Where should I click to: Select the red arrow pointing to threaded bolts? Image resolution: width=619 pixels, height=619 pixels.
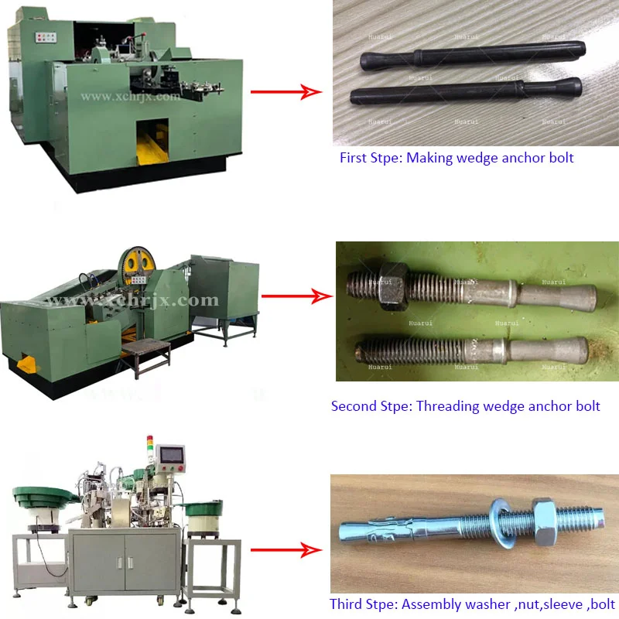290,296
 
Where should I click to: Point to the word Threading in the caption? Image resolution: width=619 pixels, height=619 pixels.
448,405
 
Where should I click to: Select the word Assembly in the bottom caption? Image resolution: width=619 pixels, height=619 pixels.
431,604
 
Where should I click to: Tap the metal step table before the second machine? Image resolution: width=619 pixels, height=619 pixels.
144,353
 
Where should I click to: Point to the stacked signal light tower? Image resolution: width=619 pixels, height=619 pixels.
151,450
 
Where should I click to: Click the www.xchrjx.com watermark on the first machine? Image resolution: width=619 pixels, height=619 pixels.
130,97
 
